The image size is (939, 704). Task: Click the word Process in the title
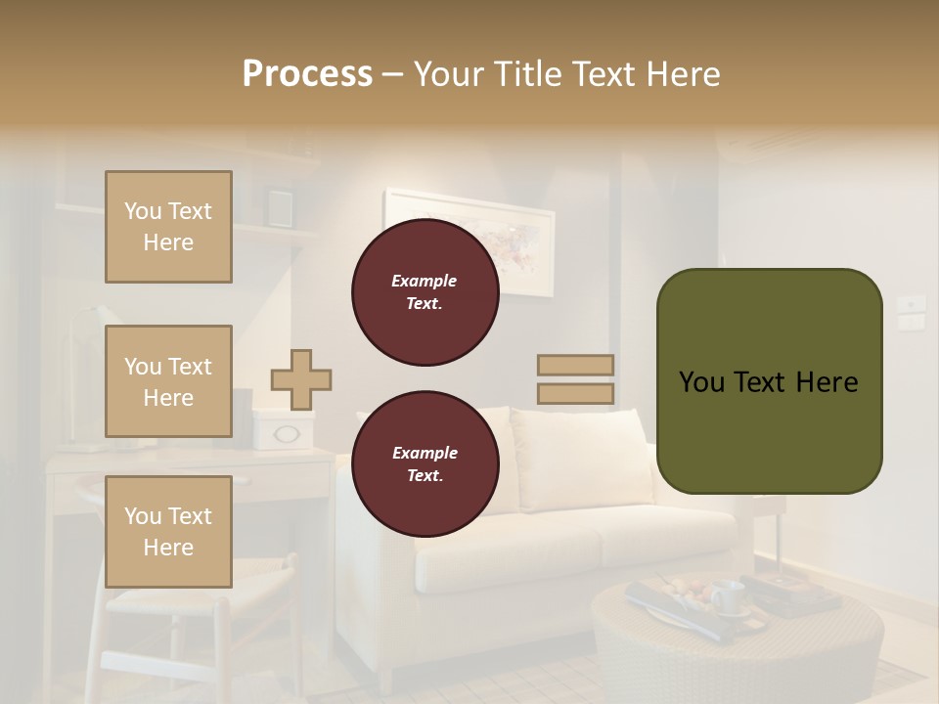(307, 74)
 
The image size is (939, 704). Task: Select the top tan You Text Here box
(168, 227)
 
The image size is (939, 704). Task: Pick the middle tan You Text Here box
(168, 381)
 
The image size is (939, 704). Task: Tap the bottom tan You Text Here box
(168, 532)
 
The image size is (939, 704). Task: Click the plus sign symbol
(301, 379)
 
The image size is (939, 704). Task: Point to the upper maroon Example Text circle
(425, 292)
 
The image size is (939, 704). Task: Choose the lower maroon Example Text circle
(425, 464)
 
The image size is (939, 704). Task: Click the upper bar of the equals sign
(575, 365)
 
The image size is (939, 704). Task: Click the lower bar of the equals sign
(575, 394)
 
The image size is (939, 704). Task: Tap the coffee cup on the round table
(726, 595)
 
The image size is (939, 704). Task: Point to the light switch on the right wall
(912, 311)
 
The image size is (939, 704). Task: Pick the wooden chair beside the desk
(166, 626)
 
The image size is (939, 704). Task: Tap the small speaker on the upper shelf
(280, 207)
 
